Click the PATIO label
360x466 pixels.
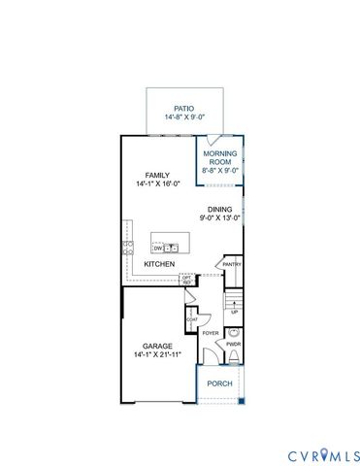tap(184, 108)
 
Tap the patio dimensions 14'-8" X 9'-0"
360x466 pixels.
tap(184, 117)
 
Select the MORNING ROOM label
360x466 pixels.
tap(220, 158)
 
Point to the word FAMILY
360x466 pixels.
tap(157, 176)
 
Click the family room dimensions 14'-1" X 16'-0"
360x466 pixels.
tap(157, 184)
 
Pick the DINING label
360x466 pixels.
tap(219, 209)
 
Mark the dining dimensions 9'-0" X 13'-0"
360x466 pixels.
tap(219, 217)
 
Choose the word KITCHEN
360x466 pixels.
tap(159, 264)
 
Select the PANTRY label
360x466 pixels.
tap(232, 264)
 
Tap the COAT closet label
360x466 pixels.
tap(192, 317)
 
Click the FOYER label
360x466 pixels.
tap(211, 334)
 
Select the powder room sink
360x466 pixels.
tap(233, 331)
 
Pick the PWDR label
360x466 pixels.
tap(233, 345)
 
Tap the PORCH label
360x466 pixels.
tap(218, 383)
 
